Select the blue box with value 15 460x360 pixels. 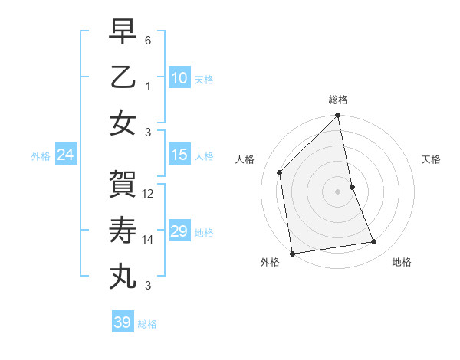[x=179, y=155]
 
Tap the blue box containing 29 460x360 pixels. [x=179, y=231]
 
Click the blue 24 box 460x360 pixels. [x=66, y=155]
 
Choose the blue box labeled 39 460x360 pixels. [x=123, y=322]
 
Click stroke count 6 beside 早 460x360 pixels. [x=148, y=39]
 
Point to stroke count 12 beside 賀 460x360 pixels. [x=149, y=194]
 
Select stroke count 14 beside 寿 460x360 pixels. [x=149, y=240]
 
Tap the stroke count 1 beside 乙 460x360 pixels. [x=148, y=86]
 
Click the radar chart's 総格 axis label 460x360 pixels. [x=338, y=100]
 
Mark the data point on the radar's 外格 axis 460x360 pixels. [x=292, y=253]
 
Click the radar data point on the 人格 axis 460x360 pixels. [x=280, y=172]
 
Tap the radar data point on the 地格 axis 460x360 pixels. [x=374, y=242]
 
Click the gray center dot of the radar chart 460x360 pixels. [x=338, y=191]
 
